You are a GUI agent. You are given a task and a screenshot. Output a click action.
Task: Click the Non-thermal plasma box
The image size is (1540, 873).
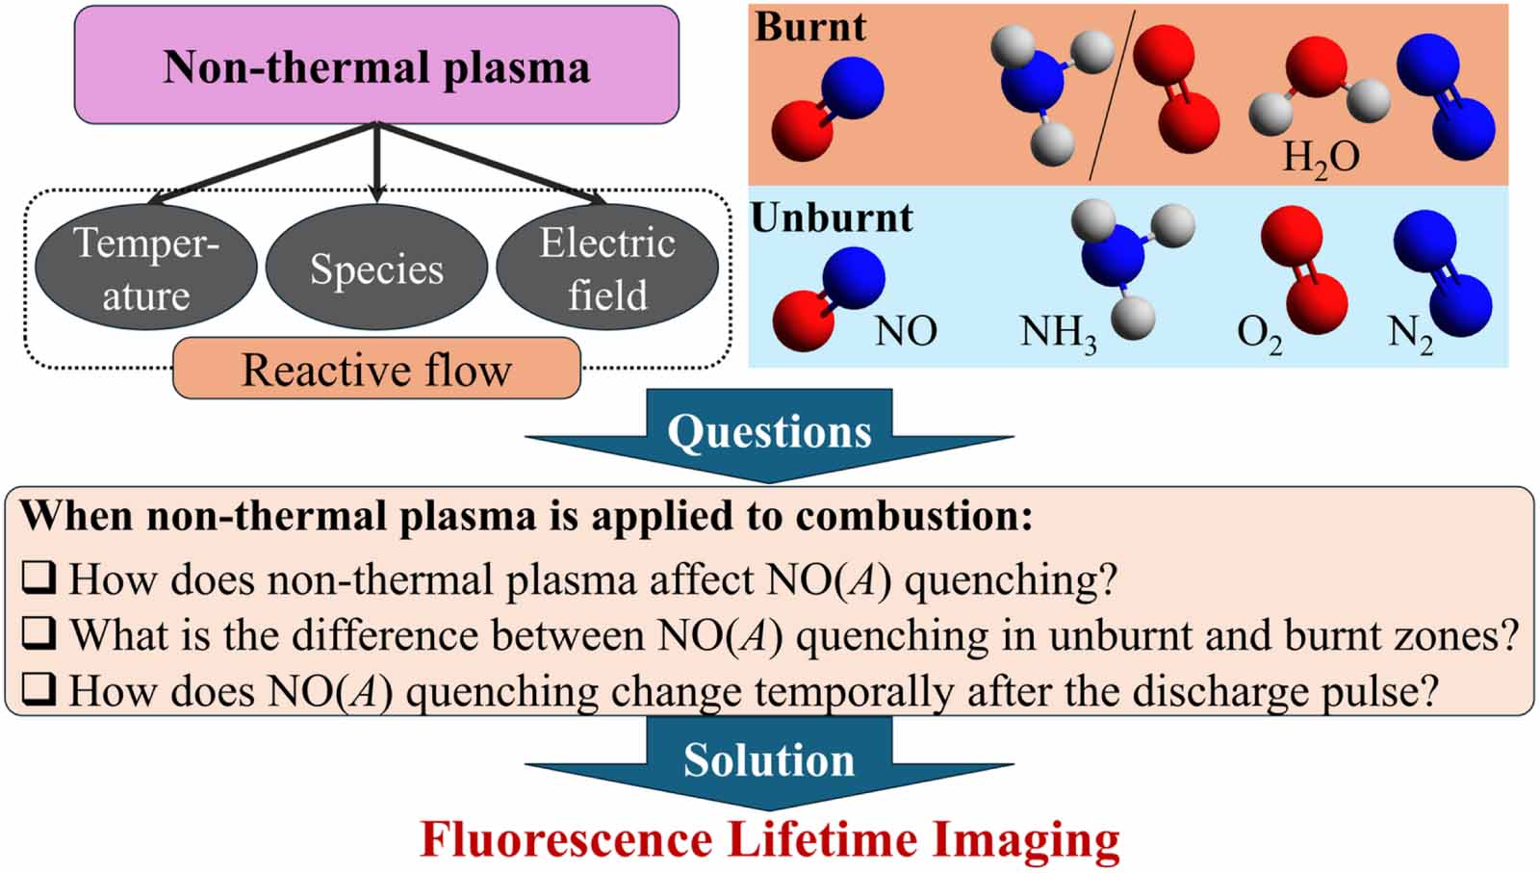376,66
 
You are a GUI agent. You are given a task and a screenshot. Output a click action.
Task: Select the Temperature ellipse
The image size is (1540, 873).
145,269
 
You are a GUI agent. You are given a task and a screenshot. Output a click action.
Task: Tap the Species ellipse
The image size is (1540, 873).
376,269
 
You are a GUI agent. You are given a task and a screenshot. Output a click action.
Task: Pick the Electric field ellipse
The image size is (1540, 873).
606,269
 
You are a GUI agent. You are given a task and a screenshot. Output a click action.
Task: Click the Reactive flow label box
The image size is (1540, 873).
376,370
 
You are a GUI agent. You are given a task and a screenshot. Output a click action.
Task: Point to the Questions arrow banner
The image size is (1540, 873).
769,432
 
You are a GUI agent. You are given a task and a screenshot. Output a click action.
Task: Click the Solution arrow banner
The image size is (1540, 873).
769,760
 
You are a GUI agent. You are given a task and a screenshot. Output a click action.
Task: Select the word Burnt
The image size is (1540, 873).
809,26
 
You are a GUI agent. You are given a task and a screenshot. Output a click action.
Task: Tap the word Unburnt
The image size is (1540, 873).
832,218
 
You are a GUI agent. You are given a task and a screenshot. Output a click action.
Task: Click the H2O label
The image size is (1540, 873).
1321,157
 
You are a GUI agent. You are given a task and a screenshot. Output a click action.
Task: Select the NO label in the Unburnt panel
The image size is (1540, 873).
905,332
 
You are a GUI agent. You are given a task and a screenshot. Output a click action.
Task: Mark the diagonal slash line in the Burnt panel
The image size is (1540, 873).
1112,96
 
